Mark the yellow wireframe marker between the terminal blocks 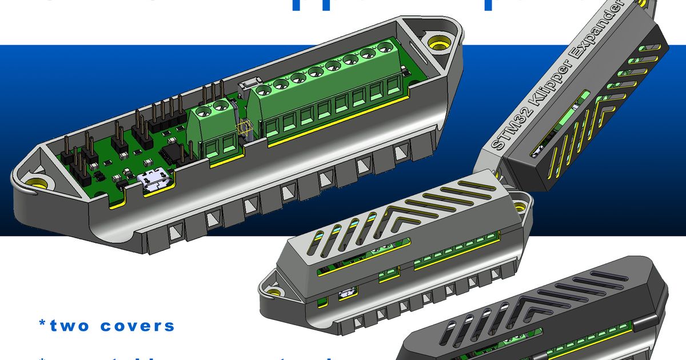click(x=244, y=130)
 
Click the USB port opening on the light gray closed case click(x=347, y=294)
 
